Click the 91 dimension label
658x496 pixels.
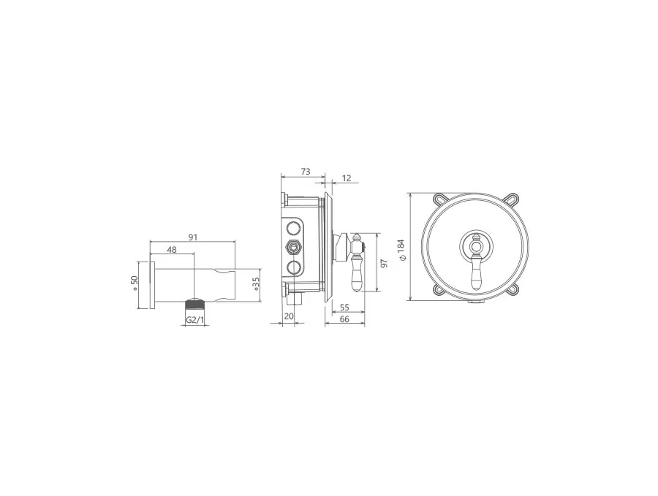(x=192, y=237)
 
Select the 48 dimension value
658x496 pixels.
(x=172, y=250)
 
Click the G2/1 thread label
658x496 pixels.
(x=195, y=320)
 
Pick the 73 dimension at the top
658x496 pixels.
(x=306, y=172)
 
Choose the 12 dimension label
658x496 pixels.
(x=347, y=178)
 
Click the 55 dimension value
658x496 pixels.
(x=344, y=308)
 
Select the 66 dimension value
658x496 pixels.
(x=344, y=319)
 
